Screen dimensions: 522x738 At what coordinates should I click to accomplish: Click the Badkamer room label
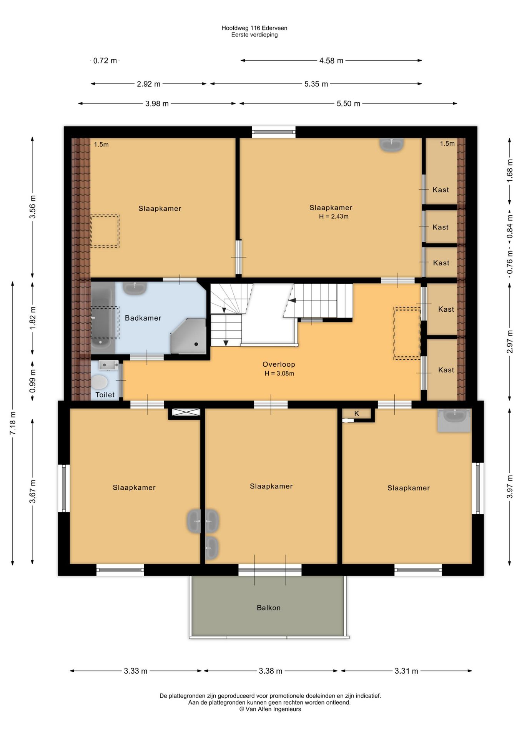[143, 318]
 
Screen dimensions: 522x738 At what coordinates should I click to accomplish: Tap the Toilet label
[105, 395]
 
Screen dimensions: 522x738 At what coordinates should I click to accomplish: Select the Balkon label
[269, 608]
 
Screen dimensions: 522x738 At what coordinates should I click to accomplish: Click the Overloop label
[279, 364]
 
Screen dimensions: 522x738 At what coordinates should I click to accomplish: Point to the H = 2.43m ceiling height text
[334, 216]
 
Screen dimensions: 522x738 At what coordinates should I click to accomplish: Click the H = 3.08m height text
[279, 373]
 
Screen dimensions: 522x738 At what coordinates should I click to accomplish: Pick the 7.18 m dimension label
[13, 423]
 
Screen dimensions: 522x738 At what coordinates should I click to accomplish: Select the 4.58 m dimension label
[331, 61]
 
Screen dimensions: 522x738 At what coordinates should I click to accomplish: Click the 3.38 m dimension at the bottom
[271, 671]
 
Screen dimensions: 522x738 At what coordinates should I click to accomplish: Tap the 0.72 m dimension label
[105, 61]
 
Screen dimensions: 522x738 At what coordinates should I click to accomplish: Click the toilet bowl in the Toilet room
[99, 382]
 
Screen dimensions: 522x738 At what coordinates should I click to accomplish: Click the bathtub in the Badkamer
[103, 318]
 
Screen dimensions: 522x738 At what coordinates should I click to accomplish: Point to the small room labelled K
[357, 414]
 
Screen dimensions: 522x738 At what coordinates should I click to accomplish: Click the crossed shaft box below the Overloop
[186, 412]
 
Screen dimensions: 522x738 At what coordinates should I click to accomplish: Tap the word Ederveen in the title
[274, 28]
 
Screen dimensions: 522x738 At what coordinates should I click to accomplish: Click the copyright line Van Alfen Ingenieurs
[270, 709]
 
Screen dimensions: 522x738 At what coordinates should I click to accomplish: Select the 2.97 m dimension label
[510, 342]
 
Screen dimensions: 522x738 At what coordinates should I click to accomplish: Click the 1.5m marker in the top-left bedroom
[101, 145]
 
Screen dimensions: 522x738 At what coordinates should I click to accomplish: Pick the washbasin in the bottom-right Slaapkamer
[454, 420]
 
